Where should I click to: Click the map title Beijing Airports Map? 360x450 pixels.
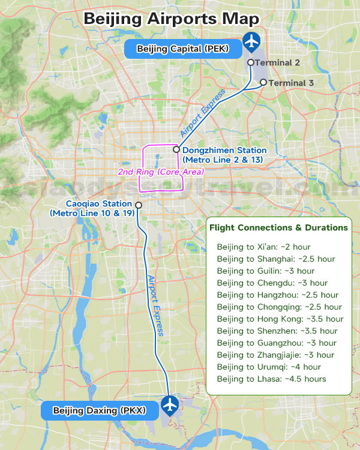(171, 18)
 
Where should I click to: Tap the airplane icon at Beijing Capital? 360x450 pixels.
(252, 43)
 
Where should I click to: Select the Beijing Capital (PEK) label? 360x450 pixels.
(183, 49)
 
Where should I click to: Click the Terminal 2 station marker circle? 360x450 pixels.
(251, 62)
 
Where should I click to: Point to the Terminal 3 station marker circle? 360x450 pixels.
(263, 83)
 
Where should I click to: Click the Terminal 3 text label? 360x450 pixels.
(291, 83)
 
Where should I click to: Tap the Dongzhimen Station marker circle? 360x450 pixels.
(176, 149)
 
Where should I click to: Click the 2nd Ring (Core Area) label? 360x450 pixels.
(161, 172)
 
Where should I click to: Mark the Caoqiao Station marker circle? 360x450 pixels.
(139, 205)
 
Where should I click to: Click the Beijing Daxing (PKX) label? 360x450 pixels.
(100, 411)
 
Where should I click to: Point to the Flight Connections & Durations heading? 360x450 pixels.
(278, 228)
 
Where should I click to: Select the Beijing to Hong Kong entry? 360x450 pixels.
(280, 319)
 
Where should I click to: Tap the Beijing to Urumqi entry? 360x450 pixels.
(269, 367)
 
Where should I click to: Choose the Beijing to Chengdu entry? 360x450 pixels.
(272, 283)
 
